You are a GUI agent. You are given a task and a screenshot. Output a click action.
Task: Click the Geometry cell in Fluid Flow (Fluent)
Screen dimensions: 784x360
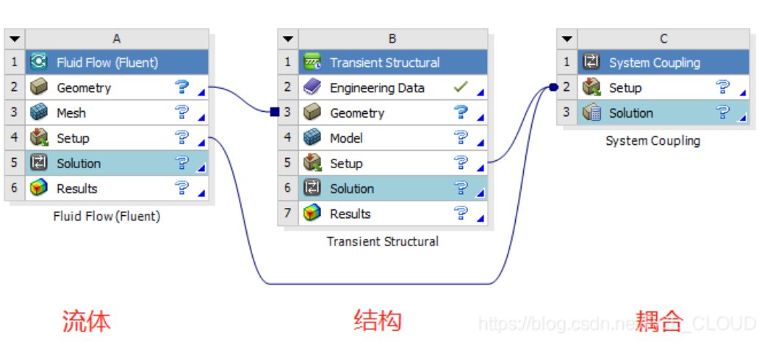[x=84, y=88]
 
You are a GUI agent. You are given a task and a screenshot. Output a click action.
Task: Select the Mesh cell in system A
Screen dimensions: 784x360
[x=71, y=113]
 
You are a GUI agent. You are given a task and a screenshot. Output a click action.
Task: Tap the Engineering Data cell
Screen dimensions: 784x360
[x=377, y=88]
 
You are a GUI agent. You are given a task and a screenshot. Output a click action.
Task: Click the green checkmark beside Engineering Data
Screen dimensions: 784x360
[x=461, y=87]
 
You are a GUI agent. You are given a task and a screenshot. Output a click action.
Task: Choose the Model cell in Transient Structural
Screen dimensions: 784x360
[x=346, y=138]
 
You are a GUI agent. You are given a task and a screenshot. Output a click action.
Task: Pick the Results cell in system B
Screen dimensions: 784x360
[x=350, y=214]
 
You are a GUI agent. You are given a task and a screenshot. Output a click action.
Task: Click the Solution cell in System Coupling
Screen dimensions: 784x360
[x=630, y=113]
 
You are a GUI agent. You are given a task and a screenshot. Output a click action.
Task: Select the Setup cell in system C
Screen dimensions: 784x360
[x=625, y=88]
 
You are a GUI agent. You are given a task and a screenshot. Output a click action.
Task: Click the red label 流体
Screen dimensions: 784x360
[x=86, y=321]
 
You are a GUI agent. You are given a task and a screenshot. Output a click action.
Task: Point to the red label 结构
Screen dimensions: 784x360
[x=378, y=321]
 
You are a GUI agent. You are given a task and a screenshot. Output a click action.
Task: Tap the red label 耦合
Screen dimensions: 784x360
[x=659, y=321]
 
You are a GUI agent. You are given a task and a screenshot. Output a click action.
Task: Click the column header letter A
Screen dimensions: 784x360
[x=117, y=38]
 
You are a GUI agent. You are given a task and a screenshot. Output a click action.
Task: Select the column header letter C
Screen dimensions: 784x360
[x=663, y=38]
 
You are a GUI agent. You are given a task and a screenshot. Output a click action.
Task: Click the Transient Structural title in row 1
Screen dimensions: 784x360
[x=384, y=63]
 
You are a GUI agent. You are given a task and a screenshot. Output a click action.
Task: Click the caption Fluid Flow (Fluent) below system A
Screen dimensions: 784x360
[x=107, y=216]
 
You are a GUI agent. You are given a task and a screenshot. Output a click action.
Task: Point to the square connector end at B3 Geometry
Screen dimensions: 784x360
[x=274, y=112]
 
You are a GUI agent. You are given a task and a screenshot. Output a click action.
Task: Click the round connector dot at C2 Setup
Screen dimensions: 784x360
[x=553, y=88]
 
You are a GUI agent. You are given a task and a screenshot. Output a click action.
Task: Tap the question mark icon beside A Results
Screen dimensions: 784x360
[x=181, y=188]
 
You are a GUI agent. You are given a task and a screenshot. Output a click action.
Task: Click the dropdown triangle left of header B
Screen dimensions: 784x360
[x=288, y=38]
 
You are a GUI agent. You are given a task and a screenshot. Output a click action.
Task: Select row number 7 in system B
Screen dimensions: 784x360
[x=288, y=214]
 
